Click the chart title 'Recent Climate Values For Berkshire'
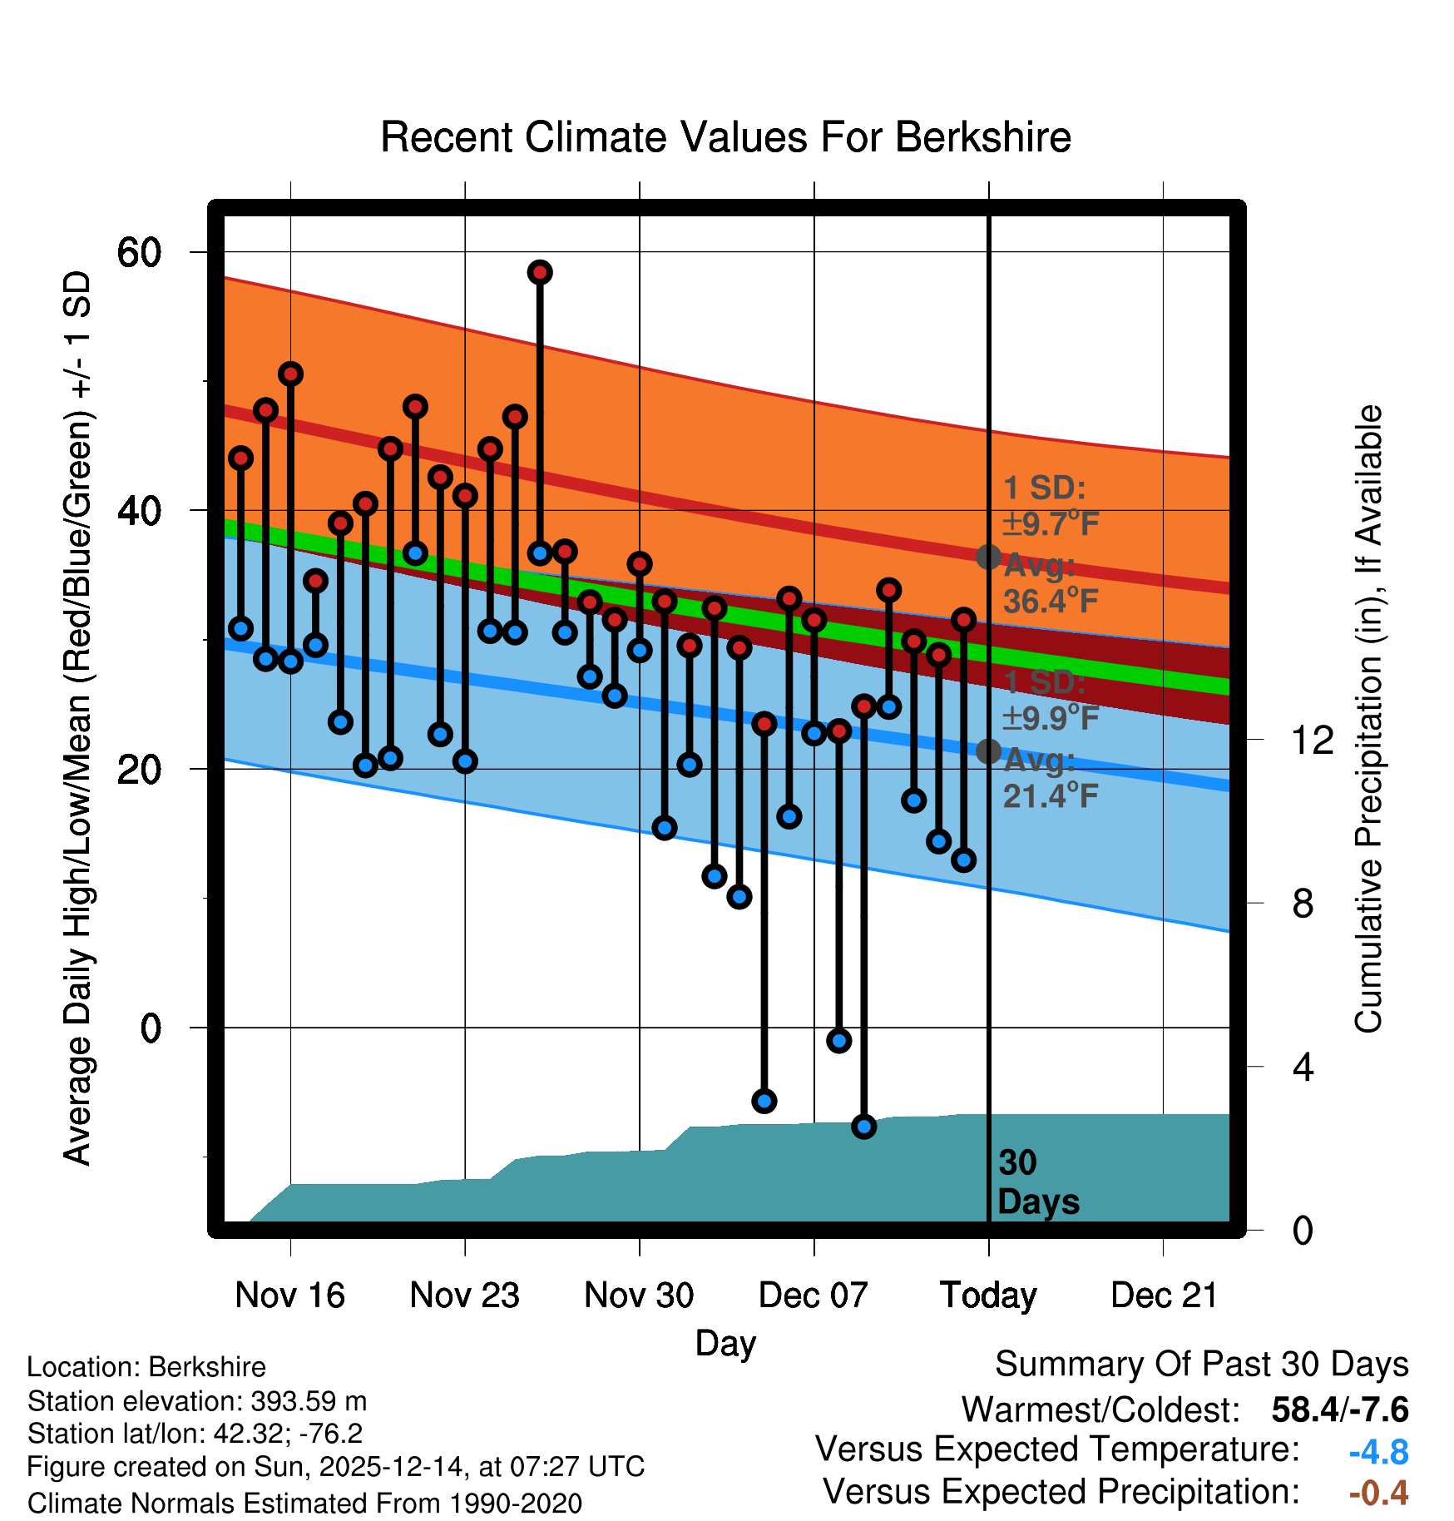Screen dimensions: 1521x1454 click(725, 137)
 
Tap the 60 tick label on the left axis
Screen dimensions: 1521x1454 click(139, 252)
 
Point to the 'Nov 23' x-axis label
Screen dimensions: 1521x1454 click(464, 1296)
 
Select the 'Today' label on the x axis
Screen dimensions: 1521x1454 click(988, 1296)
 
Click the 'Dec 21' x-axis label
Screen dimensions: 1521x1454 click(1164, 1296)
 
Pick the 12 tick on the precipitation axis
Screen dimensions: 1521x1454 click(1312, 740)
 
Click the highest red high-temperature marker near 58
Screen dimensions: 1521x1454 click(540, 272)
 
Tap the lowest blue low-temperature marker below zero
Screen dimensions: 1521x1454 click(863, 1127)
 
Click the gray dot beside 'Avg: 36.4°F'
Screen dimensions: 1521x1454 click(988, 557)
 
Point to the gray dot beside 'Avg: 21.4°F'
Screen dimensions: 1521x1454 click(988, 751)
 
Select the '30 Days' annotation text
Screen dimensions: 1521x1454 click(1037, 1182)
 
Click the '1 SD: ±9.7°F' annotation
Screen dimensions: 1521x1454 click(1051, 506)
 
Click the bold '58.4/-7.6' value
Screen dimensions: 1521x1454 click(1339, 1410)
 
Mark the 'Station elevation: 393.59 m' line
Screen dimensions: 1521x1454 click(197, 1401)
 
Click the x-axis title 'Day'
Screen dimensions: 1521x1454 click(725, 1343)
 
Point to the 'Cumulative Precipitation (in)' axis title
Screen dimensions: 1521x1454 click(1368, 719)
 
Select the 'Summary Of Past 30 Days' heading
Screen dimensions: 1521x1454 click(1201, 1365)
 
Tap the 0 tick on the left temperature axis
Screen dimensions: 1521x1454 click(151, 1028)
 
